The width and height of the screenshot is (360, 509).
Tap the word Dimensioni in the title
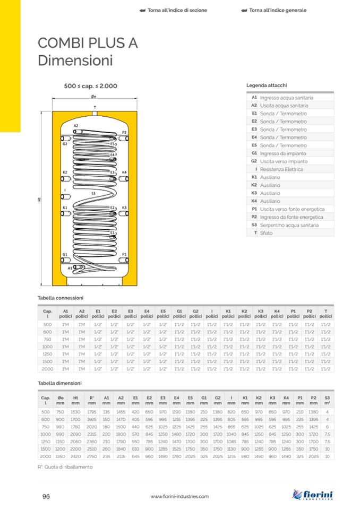tap(75, 61)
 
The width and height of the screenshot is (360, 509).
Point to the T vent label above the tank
tap(95, 108)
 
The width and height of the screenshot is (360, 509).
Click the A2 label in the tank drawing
tap(76, 126)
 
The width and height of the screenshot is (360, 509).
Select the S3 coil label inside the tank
tap(93, 194)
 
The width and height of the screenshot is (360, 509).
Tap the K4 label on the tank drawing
tap(124, 172)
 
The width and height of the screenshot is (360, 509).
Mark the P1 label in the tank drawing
tap(124, 255)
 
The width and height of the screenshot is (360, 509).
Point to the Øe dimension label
tap(93, 97)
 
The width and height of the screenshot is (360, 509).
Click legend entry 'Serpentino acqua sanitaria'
tap(289, 225)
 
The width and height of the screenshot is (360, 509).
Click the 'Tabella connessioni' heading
tap(61, 298)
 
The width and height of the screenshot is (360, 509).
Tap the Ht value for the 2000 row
tap(75, 456)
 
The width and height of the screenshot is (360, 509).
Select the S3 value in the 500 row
tap(327, 411)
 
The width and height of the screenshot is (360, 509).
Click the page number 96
tap(46, 496)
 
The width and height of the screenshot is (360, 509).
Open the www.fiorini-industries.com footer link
tap(179, 496)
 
